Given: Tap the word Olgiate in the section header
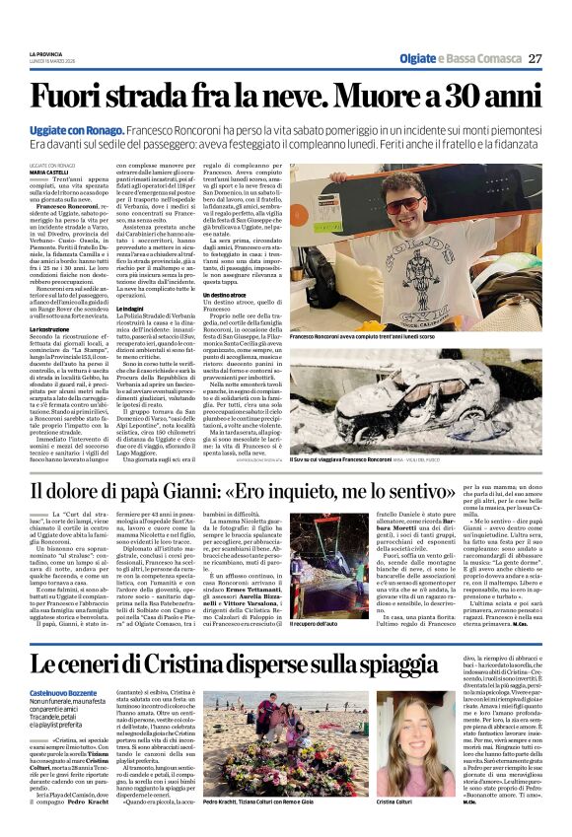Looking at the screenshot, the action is (x=417, y=59).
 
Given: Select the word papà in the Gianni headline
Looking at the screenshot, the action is (x=143, y=491).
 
